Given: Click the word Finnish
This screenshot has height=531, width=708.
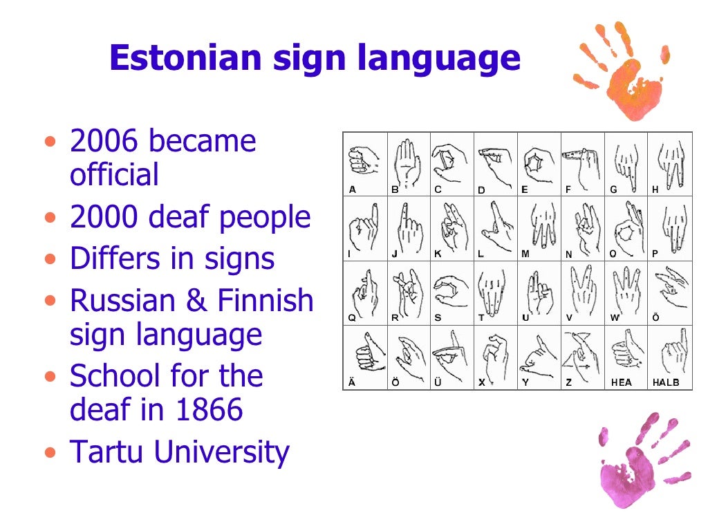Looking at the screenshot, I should tap(265, 301).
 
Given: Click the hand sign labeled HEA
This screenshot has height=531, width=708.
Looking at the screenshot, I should tap(625, 353).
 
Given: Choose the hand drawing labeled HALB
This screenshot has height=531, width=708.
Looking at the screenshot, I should tap(669, 353).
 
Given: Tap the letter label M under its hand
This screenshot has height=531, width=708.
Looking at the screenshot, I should tap(525, 254).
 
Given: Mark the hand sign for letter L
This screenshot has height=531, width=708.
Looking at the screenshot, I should tap(495, 224).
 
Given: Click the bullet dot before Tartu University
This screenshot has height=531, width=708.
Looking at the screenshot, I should tap(48, 454).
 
